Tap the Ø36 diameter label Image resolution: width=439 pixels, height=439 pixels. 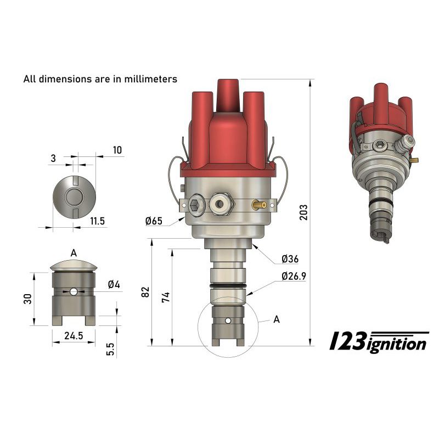pyautogui.click(x=289, y=258)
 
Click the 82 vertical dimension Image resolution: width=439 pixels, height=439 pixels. pyautogui.click(x=145, y=292)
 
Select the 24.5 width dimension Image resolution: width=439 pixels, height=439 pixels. pyautogui.click(x=73, y=336)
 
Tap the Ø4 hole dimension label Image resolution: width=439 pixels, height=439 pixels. pyautogui.click(x=114, y=284)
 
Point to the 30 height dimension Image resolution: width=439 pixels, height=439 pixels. pyautogui.click(x=28, y=299)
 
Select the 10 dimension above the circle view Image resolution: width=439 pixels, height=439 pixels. pyautogui.click(x=117, y=150)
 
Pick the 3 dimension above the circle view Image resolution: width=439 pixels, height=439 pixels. pyautogui.click(x=53, y=158)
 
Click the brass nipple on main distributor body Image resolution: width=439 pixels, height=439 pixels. pyautogui.click(x=259, y=205)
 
